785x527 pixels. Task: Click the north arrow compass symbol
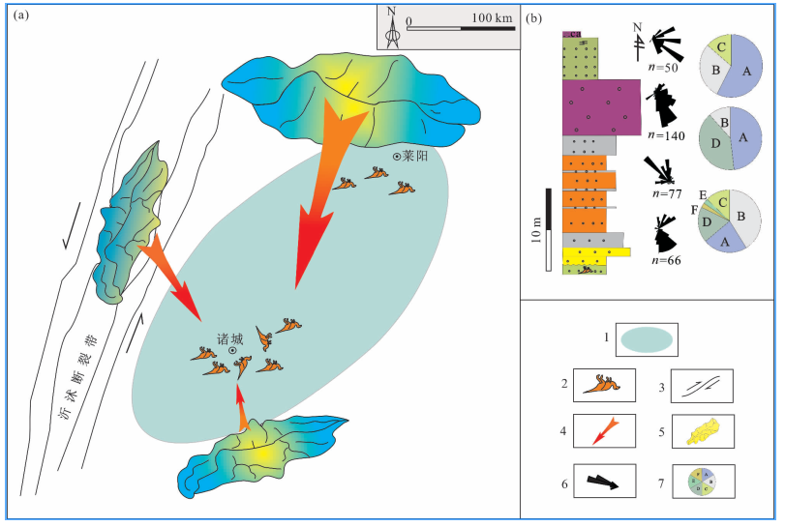[391, 29]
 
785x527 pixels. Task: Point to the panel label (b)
[534, 17]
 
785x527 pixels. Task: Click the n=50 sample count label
[664, 68]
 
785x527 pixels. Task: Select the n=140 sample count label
[666, 136]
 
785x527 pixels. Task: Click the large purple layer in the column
[601, 106]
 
